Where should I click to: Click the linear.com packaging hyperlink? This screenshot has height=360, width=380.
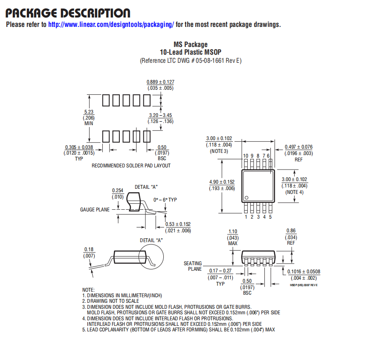click(x=111, y=24)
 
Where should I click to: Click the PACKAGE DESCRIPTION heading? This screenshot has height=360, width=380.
click(x=68, y=13)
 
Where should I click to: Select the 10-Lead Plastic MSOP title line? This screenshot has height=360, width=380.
click(x=191, y=52)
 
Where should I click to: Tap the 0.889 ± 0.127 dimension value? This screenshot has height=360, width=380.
click(x=160, y=82)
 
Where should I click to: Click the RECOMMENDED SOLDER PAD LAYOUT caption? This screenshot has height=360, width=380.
click(x=131, y=166)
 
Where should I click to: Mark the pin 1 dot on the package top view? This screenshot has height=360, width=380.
click(x=247, y=198)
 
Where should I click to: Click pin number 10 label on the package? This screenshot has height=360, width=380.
click(x=246, y=156)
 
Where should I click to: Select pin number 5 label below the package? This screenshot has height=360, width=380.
click(x=270, y=217)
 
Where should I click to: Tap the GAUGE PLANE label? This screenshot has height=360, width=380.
click(x=95, y=210)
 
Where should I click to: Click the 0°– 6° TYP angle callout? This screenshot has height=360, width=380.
click(x=165, y=200)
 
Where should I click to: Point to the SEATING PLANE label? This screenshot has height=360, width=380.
click(x=193, y=266)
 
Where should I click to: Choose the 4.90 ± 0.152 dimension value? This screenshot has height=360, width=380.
click(x=222, y=182)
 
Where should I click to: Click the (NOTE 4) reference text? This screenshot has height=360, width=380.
click(x=294, y=192)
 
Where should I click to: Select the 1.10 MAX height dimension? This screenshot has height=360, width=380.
click(x=233, y=237)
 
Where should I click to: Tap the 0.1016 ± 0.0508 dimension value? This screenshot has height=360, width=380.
click(x=304, y=272)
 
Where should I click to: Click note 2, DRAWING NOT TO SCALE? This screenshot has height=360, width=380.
click(x=110, y=301)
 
